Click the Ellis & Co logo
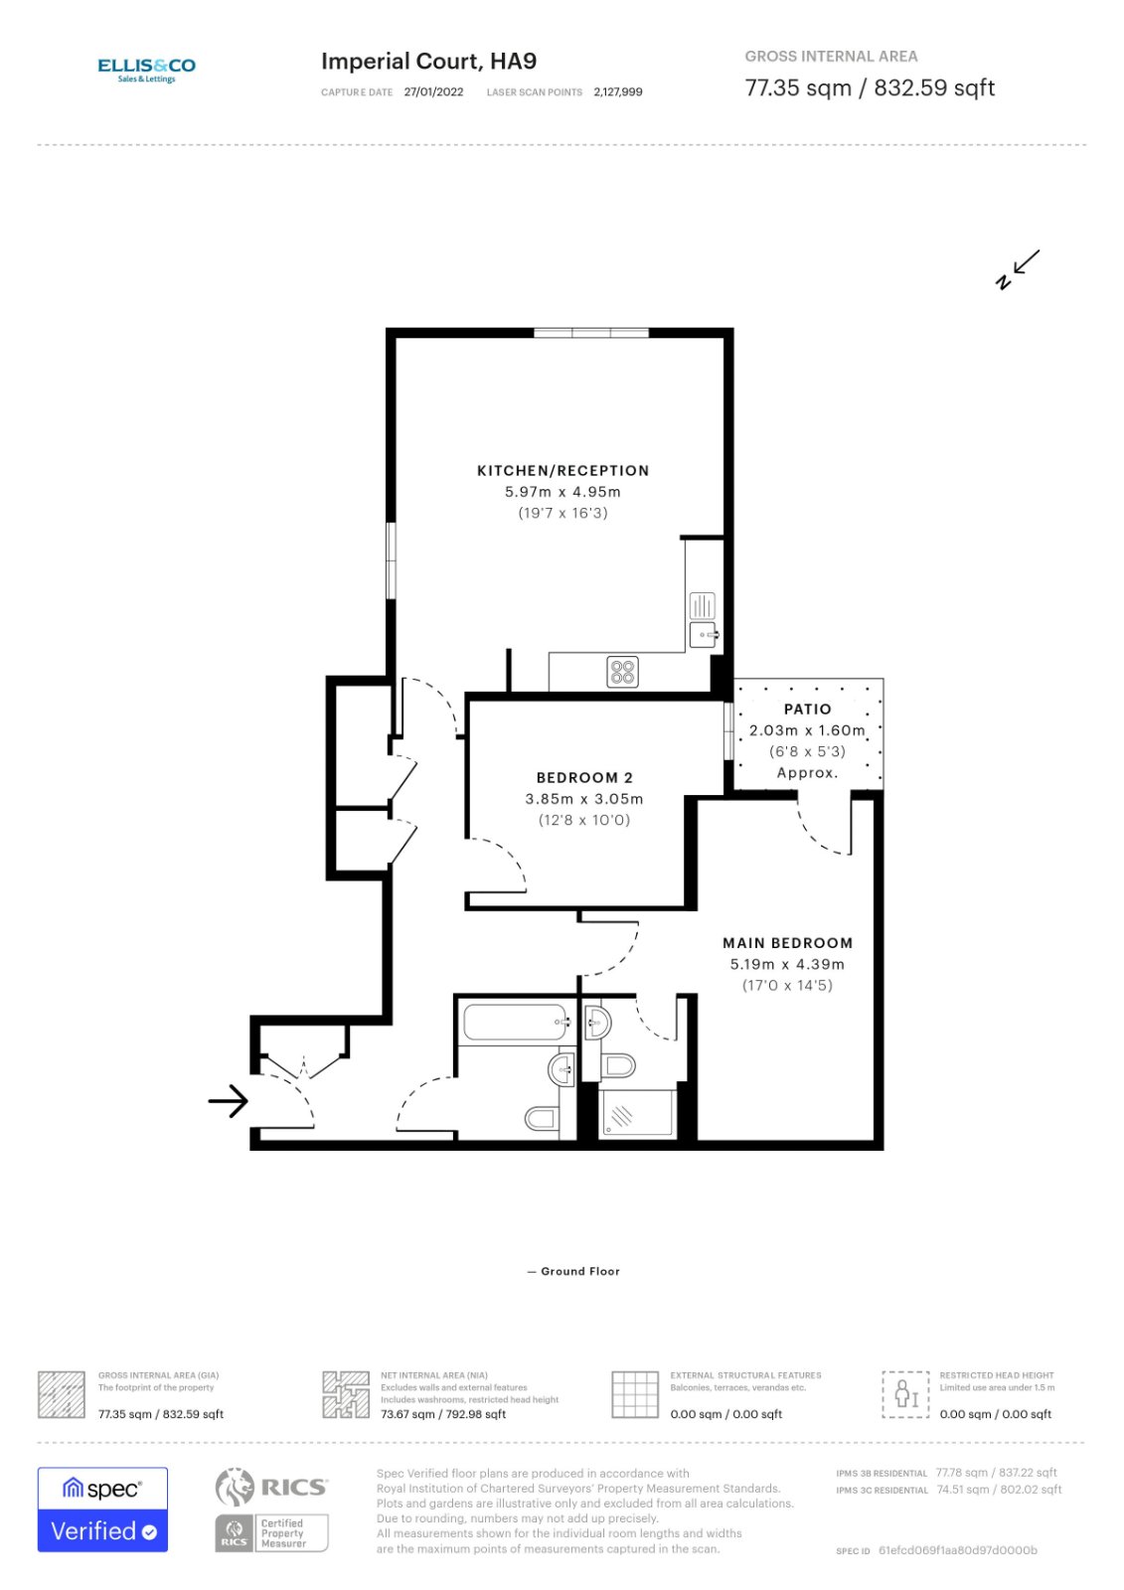click(x=146, y=69)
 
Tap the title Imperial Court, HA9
click(x=428, y=62)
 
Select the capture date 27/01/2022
click(x=433, y=92)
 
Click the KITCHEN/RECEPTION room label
click(x=562, y=471)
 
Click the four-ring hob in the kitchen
click(x=622, y=672)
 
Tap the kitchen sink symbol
click(x=703, y=634)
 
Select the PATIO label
click(x=807, y=710)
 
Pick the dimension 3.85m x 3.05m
click(x=583, y=799)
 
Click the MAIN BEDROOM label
click(x=787, y=943)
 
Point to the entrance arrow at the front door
click(x=228, y=1100)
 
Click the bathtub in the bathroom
click(x=516, y=1023)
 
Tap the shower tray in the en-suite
click(x=637, y=1114)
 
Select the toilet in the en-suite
click(x=618, y=1066)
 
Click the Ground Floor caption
click(x=573, y=1271)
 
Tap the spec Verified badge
click(x=102, y=1509)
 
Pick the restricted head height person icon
click(x=905, y=1393)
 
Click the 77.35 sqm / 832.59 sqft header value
click(x=869, y=87)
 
